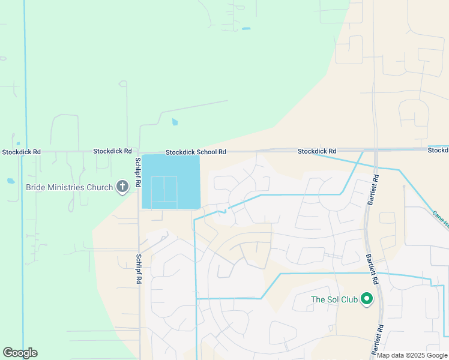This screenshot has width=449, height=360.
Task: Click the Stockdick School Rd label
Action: click(x=196, y=152)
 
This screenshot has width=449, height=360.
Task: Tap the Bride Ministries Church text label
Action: click(x=69, y=187)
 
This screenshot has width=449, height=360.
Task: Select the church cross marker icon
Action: click(x=122, y=187)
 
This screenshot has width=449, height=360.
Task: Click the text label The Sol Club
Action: click(x=334, y=299)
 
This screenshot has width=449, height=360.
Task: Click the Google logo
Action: click(x=20, y=353)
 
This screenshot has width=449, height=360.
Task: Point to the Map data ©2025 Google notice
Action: click(x=412, y=355)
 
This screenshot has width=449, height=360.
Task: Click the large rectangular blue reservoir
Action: click(x=170, y=181)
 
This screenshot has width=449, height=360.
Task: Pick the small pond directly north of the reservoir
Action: click(x=175, y=122)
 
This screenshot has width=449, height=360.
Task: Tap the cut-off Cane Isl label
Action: click(x=440, y=220)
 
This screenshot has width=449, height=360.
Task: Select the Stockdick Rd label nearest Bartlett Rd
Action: click(x=317, y=151)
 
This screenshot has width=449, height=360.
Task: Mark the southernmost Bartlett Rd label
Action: click(x=381, y=338)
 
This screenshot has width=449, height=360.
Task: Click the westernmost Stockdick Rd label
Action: click(x=21, y=152)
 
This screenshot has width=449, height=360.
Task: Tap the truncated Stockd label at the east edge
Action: click(x=438, y=150)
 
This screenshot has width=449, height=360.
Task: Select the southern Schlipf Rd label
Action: click(x=139, y=269)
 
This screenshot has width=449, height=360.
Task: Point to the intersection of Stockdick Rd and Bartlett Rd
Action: click(x=375, y=149)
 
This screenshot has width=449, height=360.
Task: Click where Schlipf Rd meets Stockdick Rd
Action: click(x=139, y=152)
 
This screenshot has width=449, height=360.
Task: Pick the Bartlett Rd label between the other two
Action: click(x=372, y=268)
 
